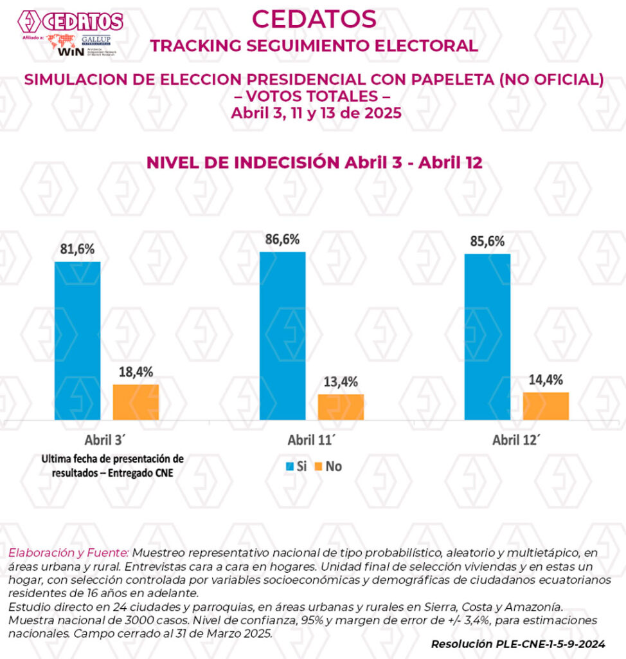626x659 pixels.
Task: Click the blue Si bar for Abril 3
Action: [x=77, y=340]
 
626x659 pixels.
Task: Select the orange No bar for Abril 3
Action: [x=136, y=402]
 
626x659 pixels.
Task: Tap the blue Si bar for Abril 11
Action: [x=282, y=335]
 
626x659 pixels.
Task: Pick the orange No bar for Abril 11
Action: [x=341, y=407]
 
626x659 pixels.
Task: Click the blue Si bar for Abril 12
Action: [x=487, y=337]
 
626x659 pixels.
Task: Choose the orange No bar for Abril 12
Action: [x=546, y=406]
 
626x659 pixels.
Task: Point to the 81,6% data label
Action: [x=77, y=249]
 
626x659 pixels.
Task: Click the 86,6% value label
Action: [x=282, y=239]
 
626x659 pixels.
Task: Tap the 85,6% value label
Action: [x=487, y=241]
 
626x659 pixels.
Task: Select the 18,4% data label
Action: [x=136, y=372]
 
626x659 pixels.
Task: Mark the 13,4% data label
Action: [x=341, y=382]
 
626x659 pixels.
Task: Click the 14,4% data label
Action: [x=546, y=380]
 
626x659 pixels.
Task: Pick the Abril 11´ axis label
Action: [x=312, y=441]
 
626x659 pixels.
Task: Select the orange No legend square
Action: [x=316, y=467]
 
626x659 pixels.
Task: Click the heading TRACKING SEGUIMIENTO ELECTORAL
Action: [x=314, y=46]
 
